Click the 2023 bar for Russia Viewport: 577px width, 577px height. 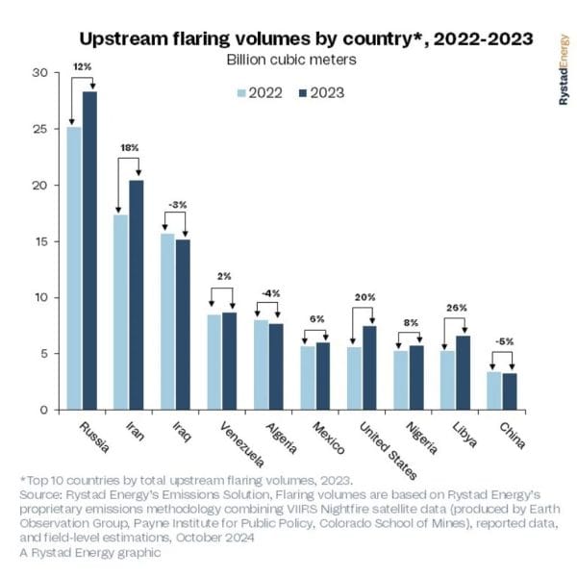pyautogui.click(x=89, y=250)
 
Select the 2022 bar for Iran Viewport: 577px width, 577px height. pyautogui.click(x=120, y=312)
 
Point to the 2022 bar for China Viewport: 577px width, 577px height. pyautogui.click(x=493, y=390)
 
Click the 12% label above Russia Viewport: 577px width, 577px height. pyautogui.click(x=82, y=65)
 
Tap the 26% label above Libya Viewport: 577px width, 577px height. pyautogui.click(x=455, y=308)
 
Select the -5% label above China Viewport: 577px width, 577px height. pyautogui.click(x=501, y=339)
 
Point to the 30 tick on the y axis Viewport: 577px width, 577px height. pyautogui.click(x=38, y=73)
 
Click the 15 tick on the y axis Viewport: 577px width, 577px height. pyautogui.click(x=38, y=241)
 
